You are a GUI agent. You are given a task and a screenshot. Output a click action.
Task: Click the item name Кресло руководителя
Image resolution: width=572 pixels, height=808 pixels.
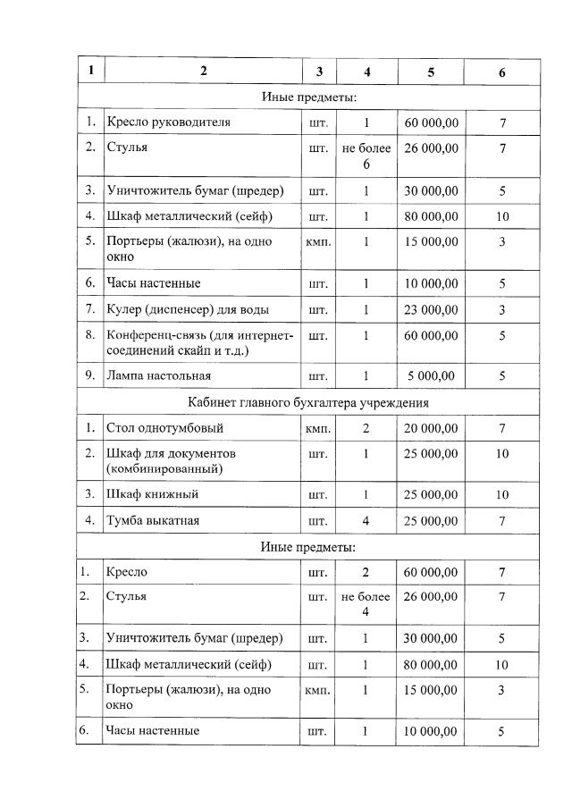coord(169,122)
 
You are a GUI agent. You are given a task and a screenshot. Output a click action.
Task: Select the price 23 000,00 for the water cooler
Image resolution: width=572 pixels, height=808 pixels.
coord(431,309)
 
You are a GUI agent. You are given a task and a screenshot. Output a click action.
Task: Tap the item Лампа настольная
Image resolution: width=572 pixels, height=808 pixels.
coord(159,375)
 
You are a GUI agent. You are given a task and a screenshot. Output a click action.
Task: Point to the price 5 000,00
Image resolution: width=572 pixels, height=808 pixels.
coord(431,375)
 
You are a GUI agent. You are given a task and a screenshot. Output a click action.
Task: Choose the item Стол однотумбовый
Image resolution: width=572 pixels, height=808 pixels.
coord(164,428)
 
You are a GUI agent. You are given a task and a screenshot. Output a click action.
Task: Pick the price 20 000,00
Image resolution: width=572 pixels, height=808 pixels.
coord(431,428)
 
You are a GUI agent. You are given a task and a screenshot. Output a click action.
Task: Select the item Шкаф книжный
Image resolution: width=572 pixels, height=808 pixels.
coord(152,494)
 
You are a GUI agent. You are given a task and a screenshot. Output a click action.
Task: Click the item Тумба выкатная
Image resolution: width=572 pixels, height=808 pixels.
coord(153,520)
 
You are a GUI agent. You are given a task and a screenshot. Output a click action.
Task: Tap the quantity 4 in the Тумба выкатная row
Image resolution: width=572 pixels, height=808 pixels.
coord(366,520)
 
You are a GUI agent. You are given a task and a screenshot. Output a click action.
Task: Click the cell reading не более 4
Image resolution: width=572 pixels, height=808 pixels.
coord(366,604)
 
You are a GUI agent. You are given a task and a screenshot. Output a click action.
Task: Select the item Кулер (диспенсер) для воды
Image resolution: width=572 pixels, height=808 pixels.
coord(188,309)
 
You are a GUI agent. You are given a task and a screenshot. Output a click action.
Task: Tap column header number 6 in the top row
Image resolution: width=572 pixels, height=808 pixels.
coord(502,72)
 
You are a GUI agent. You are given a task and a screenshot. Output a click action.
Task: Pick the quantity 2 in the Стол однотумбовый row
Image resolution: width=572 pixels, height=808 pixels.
coord(366,428)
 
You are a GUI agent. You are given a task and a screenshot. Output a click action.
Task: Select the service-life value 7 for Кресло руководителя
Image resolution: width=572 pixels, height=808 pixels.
coord(502,122)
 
